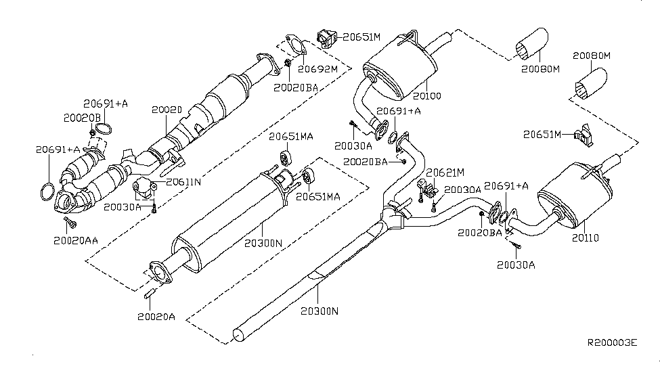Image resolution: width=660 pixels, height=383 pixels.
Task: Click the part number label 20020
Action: [x=167, y=110]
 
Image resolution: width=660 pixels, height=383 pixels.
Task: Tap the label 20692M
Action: [x=318, y=69]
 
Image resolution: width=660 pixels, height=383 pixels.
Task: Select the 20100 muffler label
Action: [x=427, y=96]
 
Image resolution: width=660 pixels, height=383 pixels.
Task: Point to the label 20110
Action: [x=585, y=238]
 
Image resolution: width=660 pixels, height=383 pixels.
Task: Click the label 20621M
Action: [x=445, y=173]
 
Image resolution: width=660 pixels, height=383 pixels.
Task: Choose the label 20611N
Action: [x=183, y=182]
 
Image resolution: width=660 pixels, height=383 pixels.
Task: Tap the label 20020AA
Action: [x=76, y=240]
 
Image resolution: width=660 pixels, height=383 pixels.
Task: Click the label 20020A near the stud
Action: [x=156, y=317]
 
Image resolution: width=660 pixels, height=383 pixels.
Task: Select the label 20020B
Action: [x=82, y=118]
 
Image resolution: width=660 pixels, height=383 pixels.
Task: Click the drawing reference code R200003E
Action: [x=612, y=342]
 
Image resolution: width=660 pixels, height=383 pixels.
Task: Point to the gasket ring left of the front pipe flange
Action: [x=47, y=191]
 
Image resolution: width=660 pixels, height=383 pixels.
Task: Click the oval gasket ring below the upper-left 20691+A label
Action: [x=104, y=129]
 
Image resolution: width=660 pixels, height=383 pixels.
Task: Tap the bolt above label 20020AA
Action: [x=70, y=223]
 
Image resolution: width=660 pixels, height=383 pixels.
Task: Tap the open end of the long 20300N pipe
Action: [x=239, y=335]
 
